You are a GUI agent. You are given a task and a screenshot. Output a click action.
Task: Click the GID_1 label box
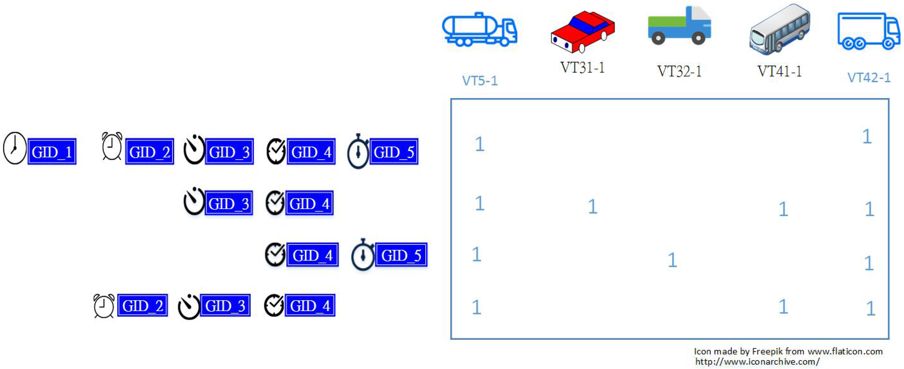pos(52,151)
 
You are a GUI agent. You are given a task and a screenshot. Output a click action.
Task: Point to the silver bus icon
pos(779,30)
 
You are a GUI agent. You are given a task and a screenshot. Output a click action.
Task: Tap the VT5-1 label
pos(480,81)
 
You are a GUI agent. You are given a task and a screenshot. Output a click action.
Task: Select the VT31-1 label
pos(583,67)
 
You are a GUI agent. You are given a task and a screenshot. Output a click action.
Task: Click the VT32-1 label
pos(679,71)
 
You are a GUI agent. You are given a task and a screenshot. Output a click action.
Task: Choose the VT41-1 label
pos(779,71)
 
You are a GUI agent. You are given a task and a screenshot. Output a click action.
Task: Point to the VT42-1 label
pos(869,78)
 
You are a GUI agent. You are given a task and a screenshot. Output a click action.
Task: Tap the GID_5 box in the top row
pos(394,151)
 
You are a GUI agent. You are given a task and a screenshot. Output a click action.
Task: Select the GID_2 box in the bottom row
pos(142,306)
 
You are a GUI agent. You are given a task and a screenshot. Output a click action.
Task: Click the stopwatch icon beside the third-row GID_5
pos(363,255)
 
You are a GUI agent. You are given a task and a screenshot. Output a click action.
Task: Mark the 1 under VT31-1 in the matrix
pos(592,206)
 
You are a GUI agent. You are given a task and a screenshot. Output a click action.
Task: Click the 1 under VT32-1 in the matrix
pos(672,260)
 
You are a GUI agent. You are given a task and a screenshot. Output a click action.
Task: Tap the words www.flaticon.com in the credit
pos(845,351)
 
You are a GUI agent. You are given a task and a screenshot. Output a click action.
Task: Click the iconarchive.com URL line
pos(757,361)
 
